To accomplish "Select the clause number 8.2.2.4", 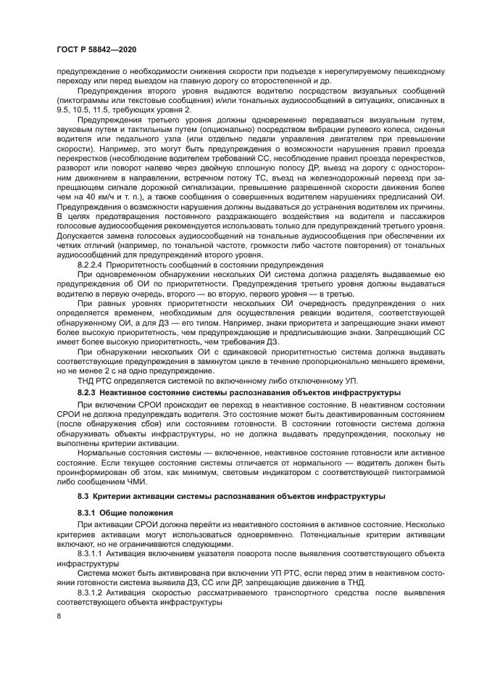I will coord(91,265).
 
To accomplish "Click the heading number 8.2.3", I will coord(89,390).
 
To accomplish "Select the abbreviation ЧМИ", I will coord(136,482).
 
